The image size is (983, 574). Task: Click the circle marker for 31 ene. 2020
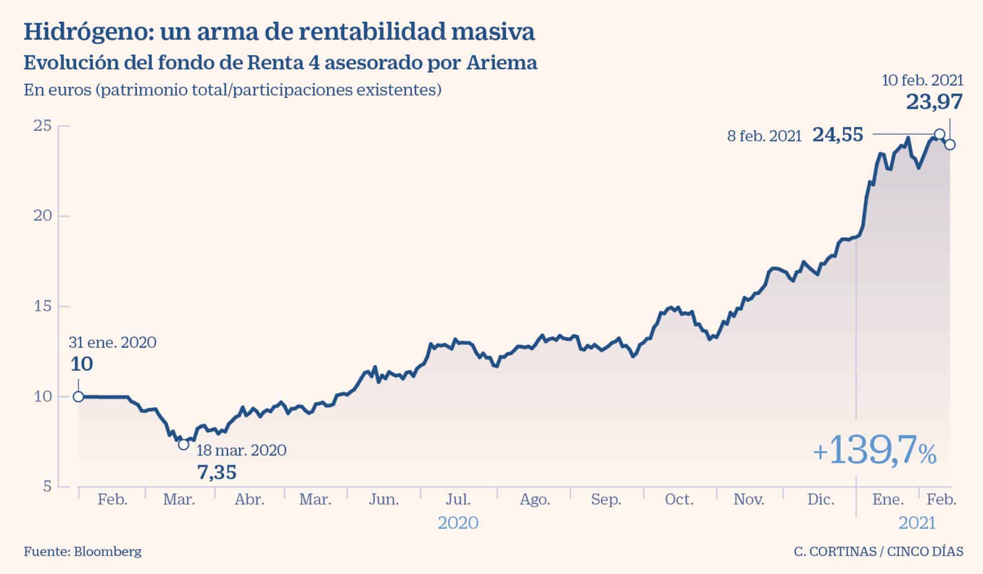pos(78,396)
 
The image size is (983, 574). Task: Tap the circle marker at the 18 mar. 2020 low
pos(184,445)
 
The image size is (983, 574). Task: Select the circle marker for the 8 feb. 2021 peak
pos(940,134)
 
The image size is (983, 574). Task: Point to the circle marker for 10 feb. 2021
pos(950,145)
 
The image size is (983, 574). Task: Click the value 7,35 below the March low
pos(217,472)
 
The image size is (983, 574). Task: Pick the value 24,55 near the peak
pos(838,134)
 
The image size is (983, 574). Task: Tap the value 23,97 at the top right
pos(934,102)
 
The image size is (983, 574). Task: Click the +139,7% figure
pos(874,450)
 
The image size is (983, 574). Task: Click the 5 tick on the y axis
pos(47,486)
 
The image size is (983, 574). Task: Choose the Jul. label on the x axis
pos(458,500)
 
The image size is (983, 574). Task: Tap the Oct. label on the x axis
pos(679,500)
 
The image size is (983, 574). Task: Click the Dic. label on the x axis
pos(821,500)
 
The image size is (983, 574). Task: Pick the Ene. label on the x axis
pos(888,500)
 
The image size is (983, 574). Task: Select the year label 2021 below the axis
pos(917,523)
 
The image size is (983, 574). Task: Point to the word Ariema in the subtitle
pos(502,63)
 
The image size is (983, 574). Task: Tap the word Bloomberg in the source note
pos(107,551)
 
